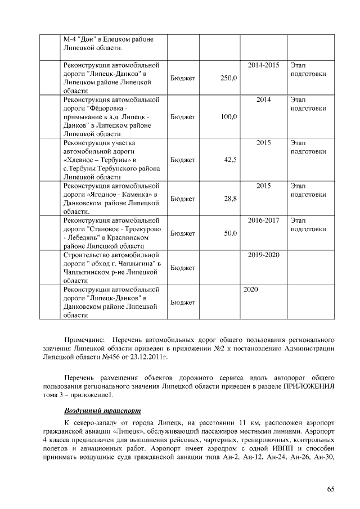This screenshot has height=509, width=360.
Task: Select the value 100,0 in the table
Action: tap(229, 116)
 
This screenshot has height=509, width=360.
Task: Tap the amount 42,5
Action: tap(231, 160)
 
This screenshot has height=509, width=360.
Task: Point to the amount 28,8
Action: tap(231, 199)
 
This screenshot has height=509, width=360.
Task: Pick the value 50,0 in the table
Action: tap(231, 233)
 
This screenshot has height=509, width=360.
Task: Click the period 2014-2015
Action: tap(263, 65)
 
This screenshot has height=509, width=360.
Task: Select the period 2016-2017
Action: tap(263, 220)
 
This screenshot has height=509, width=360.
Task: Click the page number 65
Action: tap(331, 489)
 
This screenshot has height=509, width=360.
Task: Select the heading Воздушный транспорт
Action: tap(102, 410)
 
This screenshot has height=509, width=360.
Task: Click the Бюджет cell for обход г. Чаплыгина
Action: tap(182, 268)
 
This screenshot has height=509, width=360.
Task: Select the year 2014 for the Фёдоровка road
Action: tap(263, 100)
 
